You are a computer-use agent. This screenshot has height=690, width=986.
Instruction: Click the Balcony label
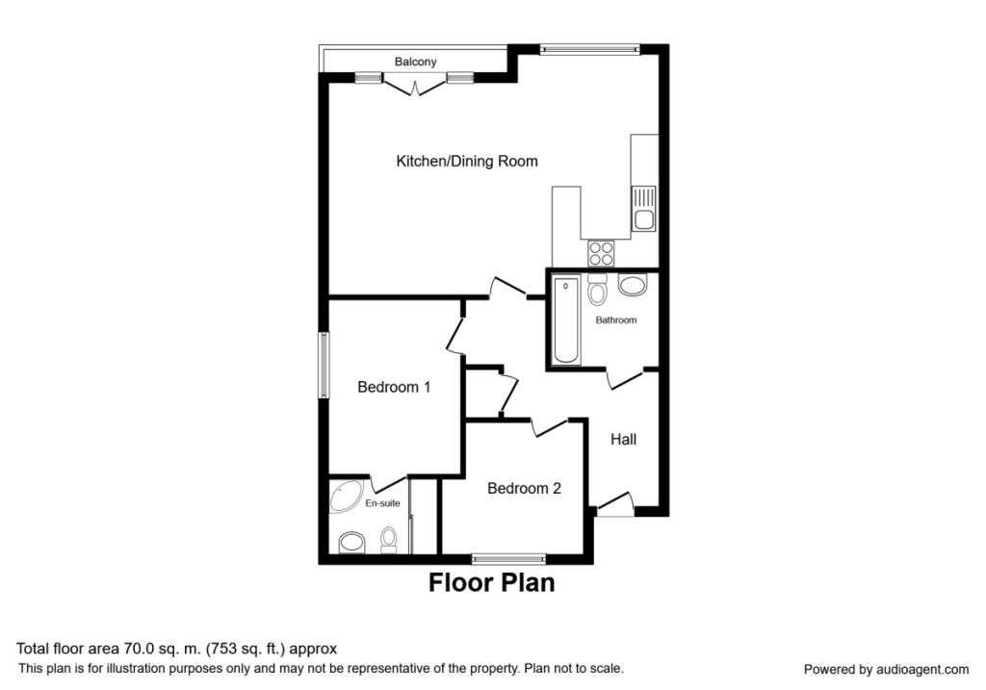tap(415, 62)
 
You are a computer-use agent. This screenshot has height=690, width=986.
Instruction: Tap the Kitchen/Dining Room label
tap(467, 162)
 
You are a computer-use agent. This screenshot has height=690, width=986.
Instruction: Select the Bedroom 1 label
tap(394, 388)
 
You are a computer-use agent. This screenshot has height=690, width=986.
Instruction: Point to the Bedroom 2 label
tap(524, 489)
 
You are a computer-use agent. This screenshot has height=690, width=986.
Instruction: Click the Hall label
tap(624, 440)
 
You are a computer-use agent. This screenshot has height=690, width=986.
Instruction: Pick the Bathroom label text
tap(615, 320)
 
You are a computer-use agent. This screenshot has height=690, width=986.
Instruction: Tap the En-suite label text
tap(382, 503)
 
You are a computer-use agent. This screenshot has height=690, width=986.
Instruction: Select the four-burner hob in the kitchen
tap(602, 253)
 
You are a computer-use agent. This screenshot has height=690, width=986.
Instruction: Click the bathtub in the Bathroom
tap(566, 320)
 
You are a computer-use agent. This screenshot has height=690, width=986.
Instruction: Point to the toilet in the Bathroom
tap(597, 290)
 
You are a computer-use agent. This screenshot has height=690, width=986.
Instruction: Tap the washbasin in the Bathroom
tap(632, 285)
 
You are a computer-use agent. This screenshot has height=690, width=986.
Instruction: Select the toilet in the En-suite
tap(389, 540)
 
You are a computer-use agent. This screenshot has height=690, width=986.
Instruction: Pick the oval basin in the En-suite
tap(350, 543)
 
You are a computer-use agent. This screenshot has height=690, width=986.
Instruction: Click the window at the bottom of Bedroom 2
tap(509, 557)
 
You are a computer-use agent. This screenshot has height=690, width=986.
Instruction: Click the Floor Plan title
tap(491, 582)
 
